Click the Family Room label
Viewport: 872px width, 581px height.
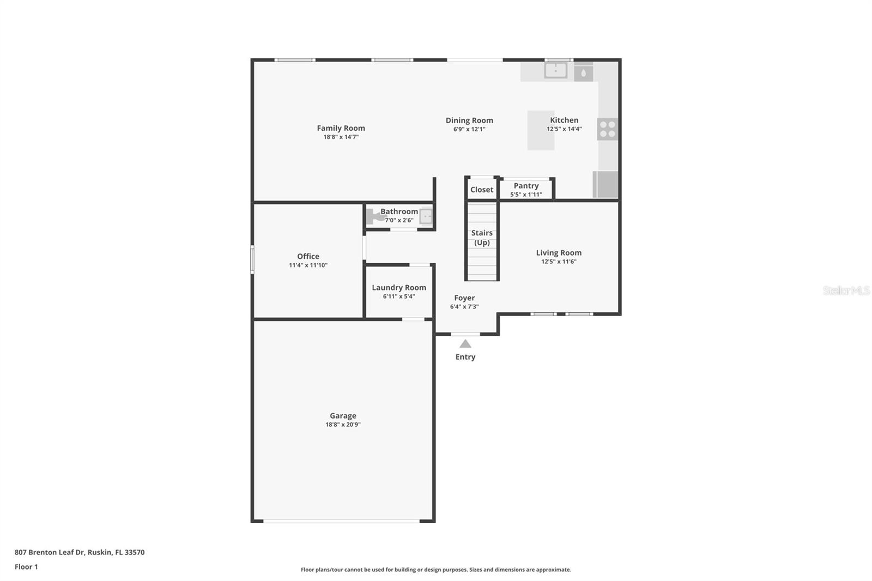tap(341, 128)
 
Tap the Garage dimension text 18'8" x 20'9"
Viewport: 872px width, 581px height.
tap(343, 425)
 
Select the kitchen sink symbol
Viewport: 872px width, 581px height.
tap(555, 70)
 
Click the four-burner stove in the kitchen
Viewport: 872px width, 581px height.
tap(607, 129)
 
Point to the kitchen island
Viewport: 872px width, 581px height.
tap(540, 131)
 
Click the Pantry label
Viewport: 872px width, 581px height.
tap(526, 186)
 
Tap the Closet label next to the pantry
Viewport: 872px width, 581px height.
tap(482, 190)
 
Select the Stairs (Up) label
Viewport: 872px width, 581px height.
tap(482, 238)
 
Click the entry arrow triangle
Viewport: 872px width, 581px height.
tap(465, 344)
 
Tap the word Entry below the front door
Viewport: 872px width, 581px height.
tap(465, 357)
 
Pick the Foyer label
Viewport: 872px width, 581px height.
tap(464, 298)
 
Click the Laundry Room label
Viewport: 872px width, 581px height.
tap(399, 288)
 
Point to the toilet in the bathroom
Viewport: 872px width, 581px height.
tap(374, 217)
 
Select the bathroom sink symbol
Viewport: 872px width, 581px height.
tap(426, 216)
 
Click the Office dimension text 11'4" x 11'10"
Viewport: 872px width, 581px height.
tap(308, 265)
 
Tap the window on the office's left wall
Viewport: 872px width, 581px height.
tap(252, 259)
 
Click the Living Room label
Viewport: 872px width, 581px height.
tap(559, 253)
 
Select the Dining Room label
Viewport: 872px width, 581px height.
tap(469, 120)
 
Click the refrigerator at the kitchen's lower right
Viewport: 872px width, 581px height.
tap(606, 184)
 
